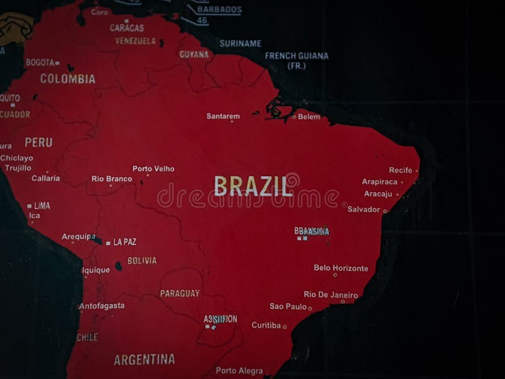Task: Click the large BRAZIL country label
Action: pyautogui.click(x=253, y=186)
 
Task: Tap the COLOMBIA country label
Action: pyautogui.click(x=68, y=79)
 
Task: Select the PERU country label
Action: pyautogui.click(x=39, y=142)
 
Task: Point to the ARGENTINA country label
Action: pyautogui.click(x=144, y=359)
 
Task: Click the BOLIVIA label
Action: pyautogui.click(x=142, y=260)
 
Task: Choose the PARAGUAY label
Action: pyautogui.click(x=179, y=293)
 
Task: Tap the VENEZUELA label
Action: pyautogui.click(x=135, y=40)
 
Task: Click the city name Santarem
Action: pyautogui.click(x=223, y=116)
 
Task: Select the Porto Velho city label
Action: pyautogui.click(x=153, y=169)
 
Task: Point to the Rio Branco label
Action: pyautogui.click(x=112, y=179)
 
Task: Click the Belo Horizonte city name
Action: pyautogui.click(x=341, y=268)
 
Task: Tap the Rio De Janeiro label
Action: pyautogui.click(x=330, y=294)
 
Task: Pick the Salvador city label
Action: pyautogui.click(x=364, y=209)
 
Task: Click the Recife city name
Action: pyautogui.click(x=400, y=170)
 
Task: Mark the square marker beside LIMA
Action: pyautogui.click(x=29, y=206)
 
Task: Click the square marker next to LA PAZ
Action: pyautogui.click(x=108, y=243)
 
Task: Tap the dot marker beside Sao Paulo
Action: pyautogui.click(x=310, y=308)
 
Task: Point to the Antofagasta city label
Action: pyautogui.click(x=102, y=306)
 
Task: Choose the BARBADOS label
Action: pyautogui.click(x=218, y=9)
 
